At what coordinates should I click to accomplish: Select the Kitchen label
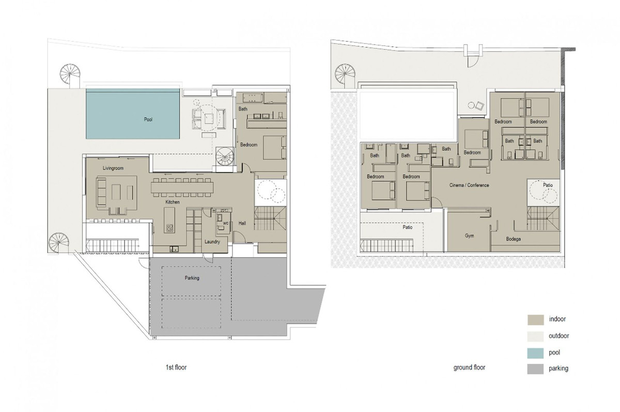point(172,202)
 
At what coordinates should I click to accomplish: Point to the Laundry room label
point(212,241)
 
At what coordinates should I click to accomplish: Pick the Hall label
point(242,223)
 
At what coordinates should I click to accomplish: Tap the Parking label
point(192,278)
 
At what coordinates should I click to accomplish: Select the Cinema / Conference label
point(469,185)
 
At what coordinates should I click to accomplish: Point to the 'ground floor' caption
point(469,368)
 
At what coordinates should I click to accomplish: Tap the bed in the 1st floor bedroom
point(273,147)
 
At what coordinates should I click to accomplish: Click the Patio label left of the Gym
point(408,227)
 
